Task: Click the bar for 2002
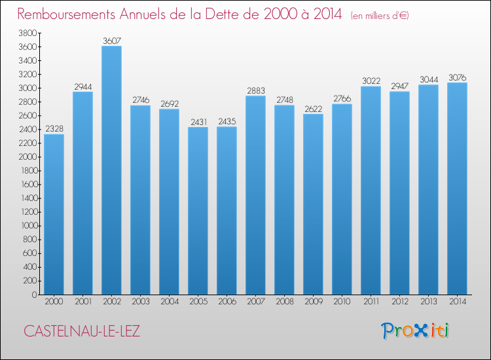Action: tap(111, 170)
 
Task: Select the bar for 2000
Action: tap(54, 214)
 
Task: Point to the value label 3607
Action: tap(111, 41)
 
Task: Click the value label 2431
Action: tap(198, 122)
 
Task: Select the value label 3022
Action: tap(371, 81)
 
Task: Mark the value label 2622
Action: tap(313, 109)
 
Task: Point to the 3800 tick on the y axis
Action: tap(27, 33)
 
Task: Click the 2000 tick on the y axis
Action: tap(27, 156)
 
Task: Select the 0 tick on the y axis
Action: tap(33, 295)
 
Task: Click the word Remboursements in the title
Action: tap(73, 14)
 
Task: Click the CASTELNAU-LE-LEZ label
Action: tap(82, 331)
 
